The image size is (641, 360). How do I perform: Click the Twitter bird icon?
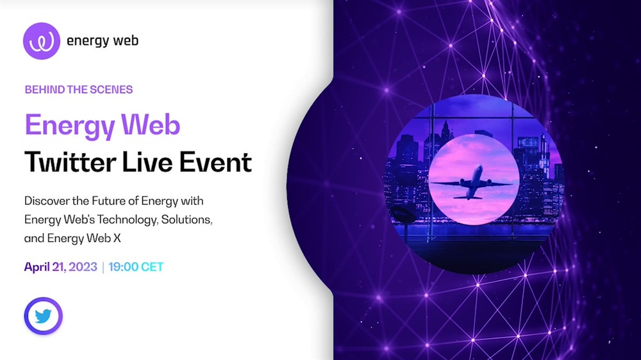tap(43, 316)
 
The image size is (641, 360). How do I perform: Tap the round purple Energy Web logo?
tap(41, 41)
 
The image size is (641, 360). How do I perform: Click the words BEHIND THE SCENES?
tap(79, 90)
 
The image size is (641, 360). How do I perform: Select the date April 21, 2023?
tap(60, 267)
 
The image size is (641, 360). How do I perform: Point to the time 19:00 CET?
tap(136, 267)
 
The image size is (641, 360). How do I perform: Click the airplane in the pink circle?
tap(471, 183)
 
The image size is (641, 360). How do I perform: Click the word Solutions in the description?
tap(187, 220)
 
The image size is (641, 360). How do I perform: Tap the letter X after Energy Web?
tap(117, 238)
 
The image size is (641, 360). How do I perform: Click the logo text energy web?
tap(102, 41)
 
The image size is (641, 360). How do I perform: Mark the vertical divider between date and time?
tap(103, 267)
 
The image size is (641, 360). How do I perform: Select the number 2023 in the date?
tap(83, 267)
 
